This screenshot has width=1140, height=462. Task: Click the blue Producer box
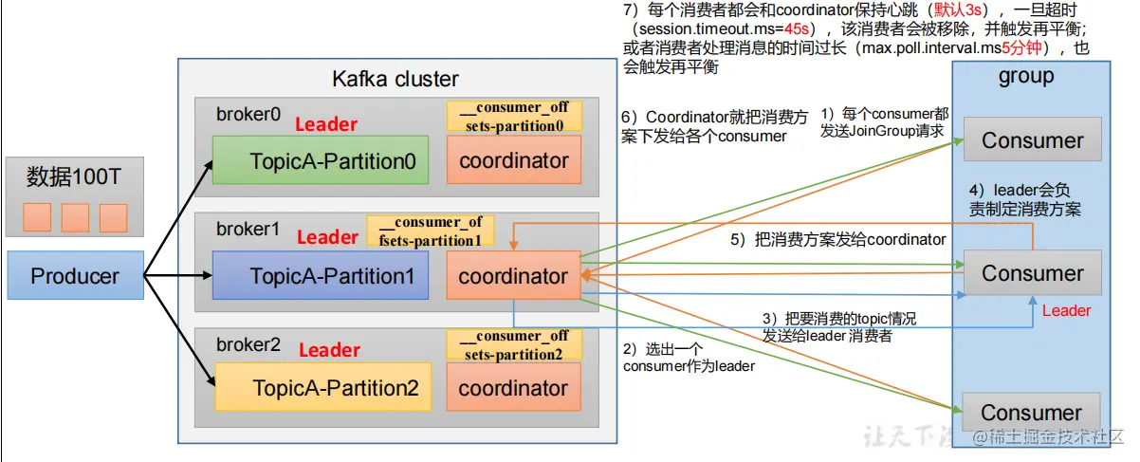[x=75, y=276]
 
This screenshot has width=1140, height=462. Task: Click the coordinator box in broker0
[x=513, y=160]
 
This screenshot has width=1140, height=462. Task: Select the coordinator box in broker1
[x=513, y=277]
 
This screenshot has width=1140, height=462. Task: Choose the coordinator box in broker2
[x=513, y=388]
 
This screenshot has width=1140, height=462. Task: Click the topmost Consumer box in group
[x=1032, y=141]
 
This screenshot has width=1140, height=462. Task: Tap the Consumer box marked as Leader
[x=1032, y=273]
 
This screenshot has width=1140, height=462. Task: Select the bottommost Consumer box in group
[x=1031, y=413]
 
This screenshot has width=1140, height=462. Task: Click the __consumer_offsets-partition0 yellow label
[x=514, y=116]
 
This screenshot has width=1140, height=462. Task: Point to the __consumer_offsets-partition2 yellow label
[x=514, y=344]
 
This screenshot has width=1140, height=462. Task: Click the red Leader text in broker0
[x=326, y=124]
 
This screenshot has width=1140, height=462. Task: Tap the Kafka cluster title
[x=395, y=79]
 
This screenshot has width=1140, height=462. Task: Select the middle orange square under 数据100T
[x=75, y=217]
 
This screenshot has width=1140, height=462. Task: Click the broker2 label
[x=248, y=344]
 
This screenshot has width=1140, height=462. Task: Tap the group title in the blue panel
[x=1026, y=77]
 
